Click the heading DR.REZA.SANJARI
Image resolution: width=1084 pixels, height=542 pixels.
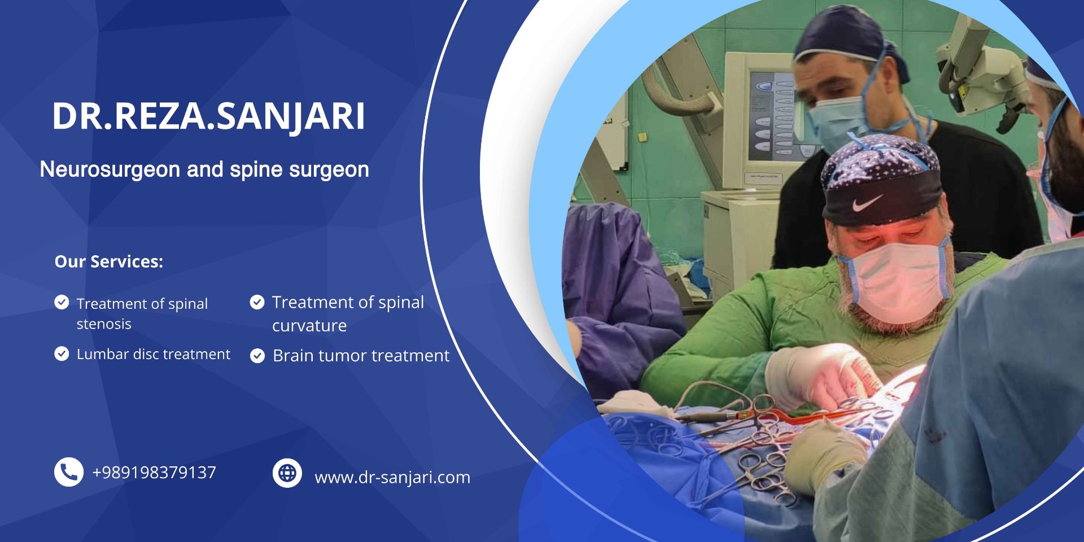point(208,117)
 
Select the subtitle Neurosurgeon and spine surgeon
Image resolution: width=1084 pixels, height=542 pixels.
point(204,169)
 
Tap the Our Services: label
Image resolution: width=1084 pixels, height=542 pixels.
point(109,261)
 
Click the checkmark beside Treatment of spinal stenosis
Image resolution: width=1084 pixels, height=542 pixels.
point(62,303)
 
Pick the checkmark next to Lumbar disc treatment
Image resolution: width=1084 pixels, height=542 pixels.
point(62,354)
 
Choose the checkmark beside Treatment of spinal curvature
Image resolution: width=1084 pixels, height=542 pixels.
point(257,303)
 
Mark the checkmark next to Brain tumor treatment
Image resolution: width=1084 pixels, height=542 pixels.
point(257,356)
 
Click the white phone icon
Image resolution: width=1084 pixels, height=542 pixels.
point(69,472)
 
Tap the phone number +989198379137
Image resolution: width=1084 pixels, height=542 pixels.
point(154,473)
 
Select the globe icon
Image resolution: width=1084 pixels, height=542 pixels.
point(287,473)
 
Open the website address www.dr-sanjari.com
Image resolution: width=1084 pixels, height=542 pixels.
point(392,478)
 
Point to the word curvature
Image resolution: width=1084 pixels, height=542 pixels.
point(309,326)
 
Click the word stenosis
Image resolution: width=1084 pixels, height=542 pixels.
point(104,324)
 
